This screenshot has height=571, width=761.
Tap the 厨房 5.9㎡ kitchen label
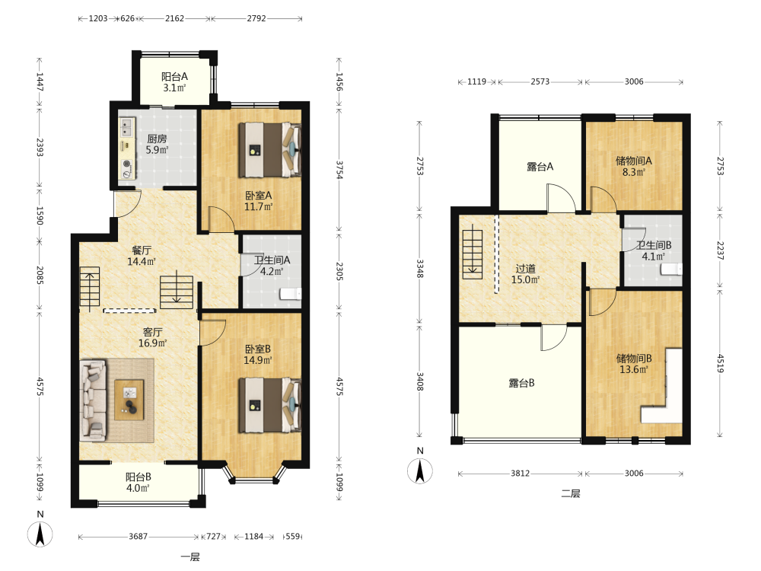158,144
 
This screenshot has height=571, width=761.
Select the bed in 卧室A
269,149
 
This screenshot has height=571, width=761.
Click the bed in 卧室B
269,405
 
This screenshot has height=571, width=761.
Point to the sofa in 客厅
93,400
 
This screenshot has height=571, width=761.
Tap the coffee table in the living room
129,400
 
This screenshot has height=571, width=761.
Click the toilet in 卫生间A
290,294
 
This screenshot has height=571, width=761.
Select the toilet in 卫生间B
672,269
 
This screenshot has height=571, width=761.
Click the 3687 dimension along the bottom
138,537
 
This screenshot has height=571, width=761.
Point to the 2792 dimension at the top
256,18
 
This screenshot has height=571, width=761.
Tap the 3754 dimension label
339,171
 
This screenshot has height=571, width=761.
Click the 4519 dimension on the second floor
720,363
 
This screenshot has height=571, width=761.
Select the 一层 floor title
190,557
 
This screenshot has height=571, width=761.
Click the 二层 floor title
571,494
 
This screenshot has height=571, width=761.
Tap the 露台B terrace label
522,383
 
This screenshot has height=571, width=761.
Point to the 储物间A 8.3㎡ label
634,166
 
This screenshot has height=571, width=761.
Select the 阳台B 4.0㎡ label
139,483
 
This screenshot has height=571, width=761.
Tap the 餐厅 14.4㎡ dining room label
142,256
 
